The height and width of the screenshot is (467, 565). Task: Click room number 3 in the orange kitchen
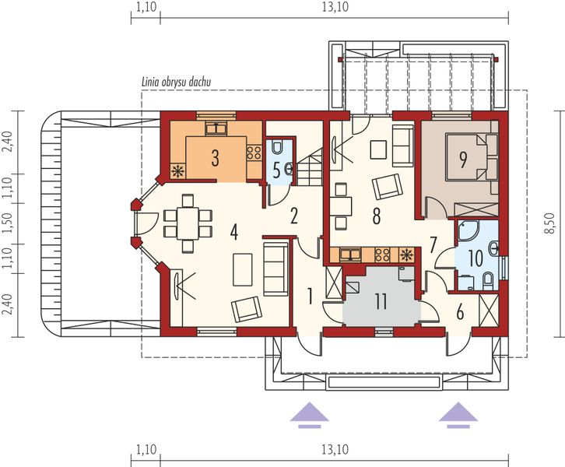point(215,159)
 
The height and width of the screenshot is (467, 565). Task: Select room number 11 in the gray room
point(381,301)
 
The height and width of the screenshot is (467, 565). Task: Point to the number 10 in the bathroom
point(476,258)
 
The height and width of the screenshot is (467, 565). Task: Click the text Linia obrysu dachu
point(176,83)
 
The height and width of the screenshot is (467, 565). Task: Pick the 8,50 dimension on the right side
point(550,223)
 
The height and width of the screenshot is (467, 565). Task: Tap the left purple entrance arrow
point(310,415)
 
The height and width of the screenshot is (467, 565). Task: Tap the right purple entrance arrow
point(458,415)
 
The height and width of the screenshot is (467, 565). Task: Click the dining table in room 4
point(188,223)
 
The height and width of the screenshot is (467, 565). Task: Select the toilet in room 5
point(277,146)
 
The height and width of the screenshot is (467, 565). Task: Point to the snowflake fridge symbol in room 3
point(178,171)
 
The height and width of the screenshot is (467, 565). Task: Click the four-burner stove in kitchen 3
point(254,153)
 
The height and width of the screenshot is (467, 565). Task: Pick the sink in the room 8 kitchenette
point(351,255)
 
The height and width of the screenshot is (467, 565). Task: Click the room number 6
point(460,312)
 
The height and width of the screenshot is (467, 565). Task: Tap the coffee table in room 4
point(243,269)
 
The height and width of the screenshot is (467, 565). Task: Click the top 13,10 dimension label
point(335,7)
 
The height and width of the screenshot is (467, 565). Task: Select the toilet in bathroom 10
point(488,281)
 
